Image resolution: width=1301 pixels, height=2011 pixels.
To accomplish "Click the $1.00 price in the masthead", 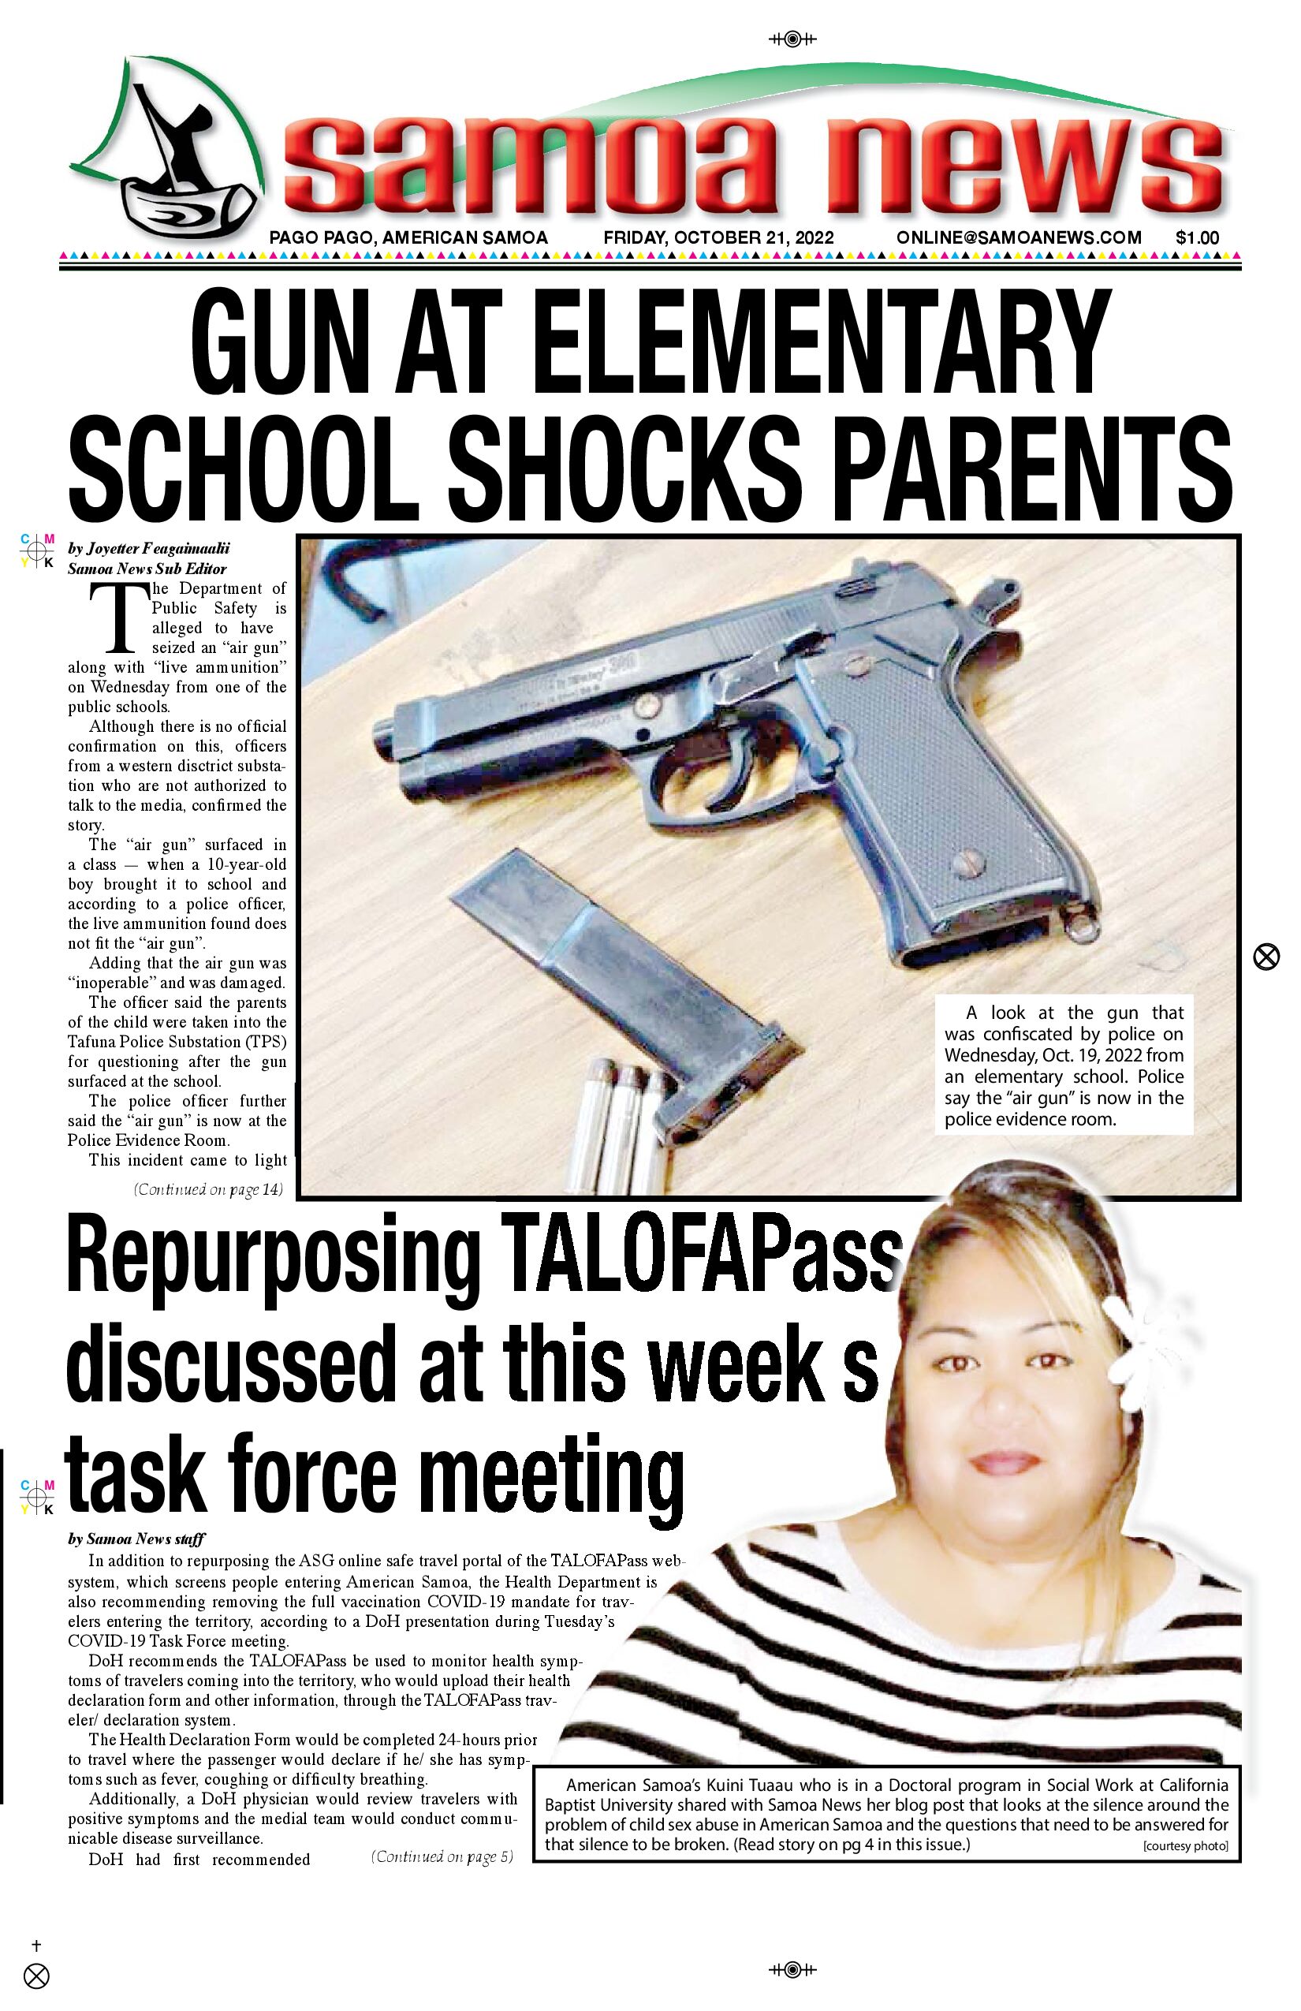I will [x=1197, y=238].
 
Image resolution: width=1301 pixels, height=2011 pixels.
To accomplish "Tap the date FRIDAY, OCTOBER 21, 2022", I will [x=718, y=238].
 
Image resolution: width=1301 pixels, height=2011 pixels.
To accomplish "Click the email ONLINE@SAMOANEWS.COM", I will [x=1019, y=238].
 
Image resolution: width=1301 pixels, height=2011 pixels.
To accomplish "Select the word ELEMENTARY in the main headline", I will [x=819, y=342].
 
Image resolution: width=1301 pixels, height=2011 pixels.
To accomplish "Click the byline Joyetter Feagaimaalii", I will [x=158, y=548].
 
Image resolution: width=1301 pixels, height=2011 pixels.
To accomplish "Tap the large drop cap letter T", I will [x=119, y=619].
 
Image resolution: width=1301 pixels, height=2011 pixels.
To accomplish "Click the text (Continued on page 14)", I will [x=208, y=1190].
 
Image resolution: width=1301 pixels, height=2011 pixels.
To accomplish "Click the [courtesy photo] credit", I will [x=1184, y=1846].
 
